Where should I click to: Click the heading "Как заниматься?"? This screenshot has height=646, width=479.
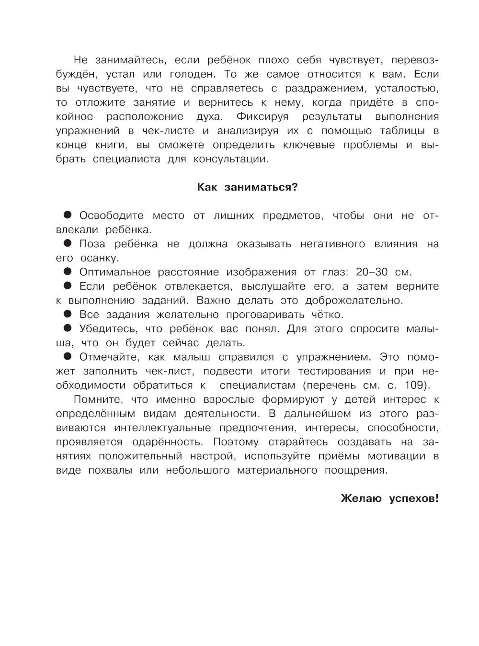tap(247, 187)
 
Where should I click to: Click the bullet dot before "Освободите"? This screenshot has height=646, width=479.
tap(68, 215)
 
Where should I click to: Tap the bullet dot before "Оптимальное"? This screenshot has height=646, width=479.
tap(68, 272)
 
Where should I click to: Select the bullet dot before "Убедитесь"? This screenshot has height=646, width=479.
tap(68, 328)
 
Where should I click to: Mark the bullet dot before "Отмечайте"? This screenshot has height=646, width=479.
tap(68, 356)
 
